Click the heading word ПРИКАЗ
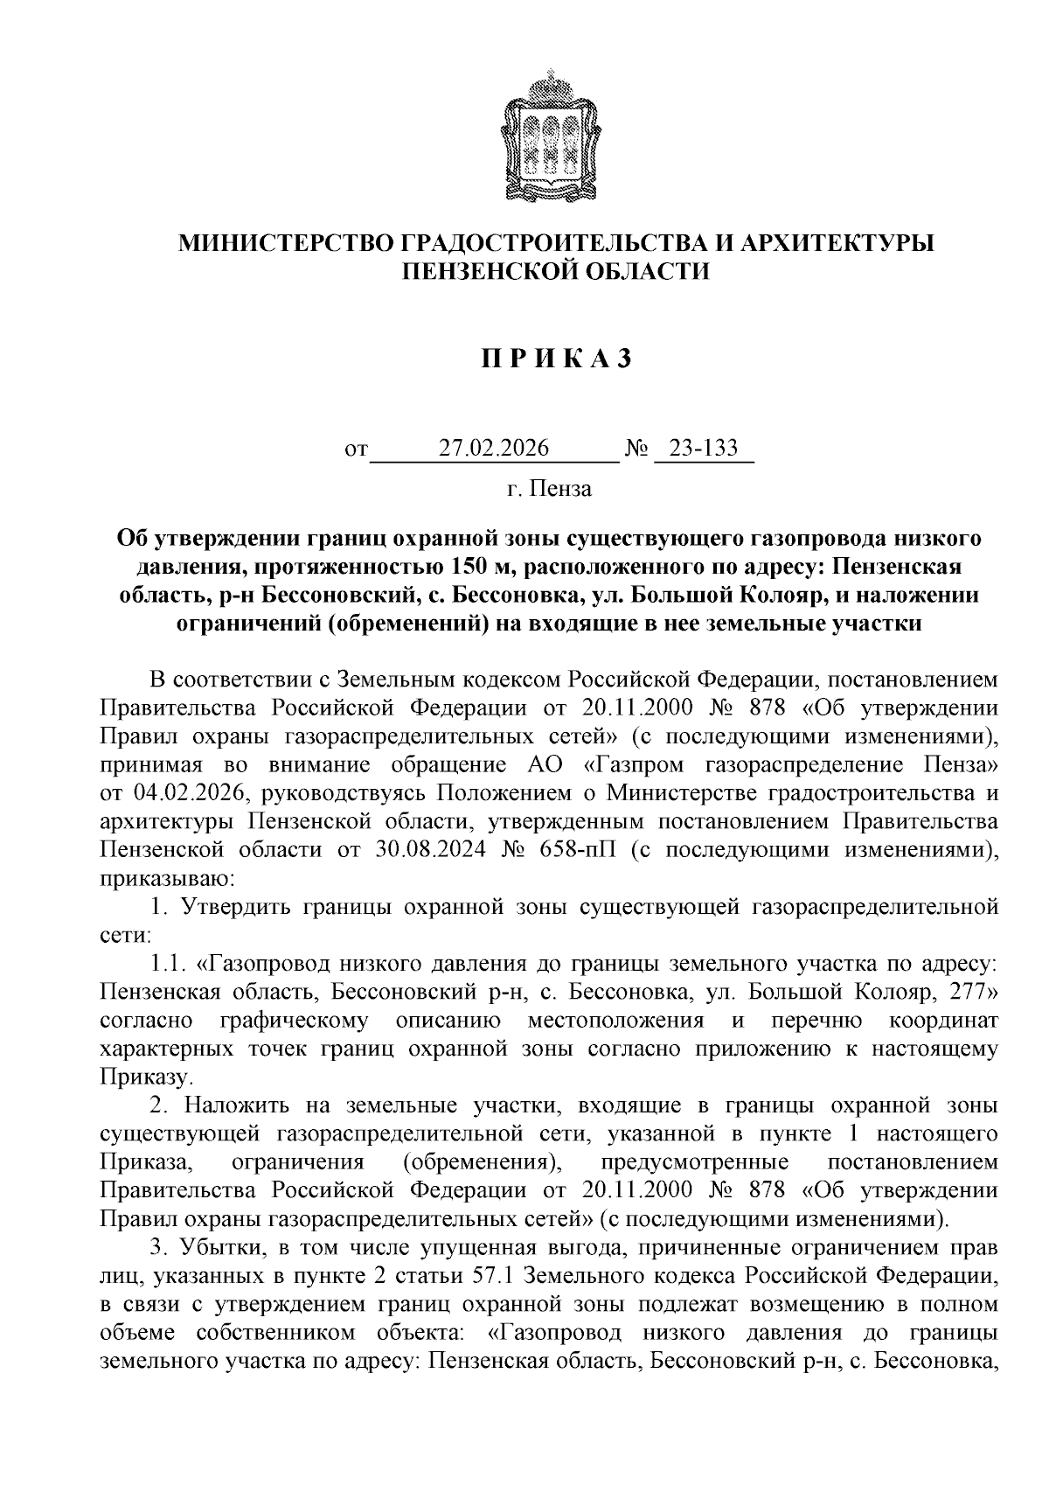coord(554,359)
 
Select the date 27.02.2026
coord(494,449)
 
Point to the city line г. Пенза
coord(549,489)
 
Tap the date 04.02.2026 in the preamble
coord(184,793)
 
